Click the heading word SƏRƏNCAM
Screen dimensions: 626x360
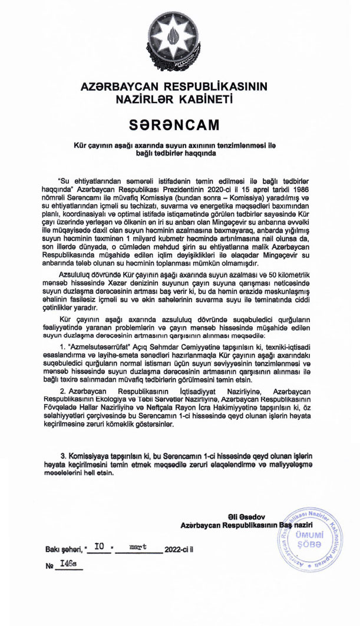pyautogui.click(x=173, y=124)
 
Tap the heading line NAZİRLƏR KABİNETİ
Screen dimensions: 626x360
pyautogui.click(x=173, y=98)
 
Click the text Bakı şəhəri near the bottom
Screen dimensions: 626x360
pyautogui.click(x=62, y=549)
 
